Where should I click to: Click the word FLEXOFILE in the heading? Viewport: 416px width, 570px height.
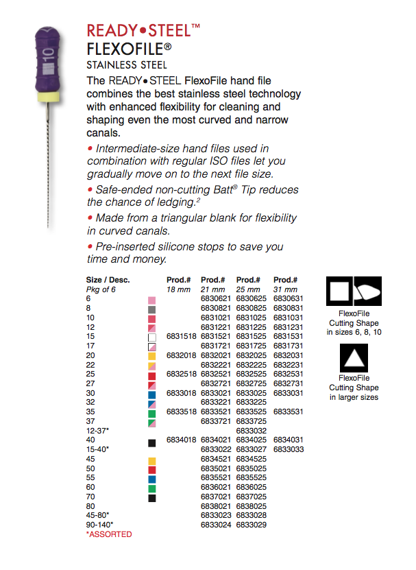tap(129, 49)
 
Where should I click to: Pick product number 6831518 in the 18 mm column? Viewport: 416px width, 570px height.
tap(180, 337)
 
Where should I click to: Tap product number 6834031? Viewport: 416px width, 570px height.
tap(287, 440)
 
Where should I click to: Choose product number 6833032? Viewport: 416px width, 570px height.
tap(250, 431)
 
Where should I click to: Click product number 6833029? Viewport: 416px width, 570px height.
tap(250, 525)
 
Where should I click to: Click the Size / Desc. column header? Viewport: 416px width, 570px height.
tap(108, 280)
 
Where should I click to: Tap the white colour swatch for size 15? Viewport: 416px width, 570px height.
tap(152, 337)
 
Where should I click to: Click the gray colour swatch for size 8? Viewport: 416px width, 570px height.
tap(152, 309)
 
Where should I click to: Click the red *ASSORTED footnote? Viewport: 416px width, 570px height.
tap(109, 534)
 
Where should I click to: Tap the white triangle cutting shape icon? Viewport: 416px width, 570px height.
tap(354, 358)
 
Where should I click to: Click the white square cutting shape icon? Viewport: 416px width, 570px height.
tap(339, 291)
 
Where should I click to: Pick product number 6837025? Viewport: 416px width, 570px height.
tap(250, 497)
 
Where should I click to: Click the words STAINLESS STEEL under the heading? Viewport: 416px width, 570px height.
tap(127, 65)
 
